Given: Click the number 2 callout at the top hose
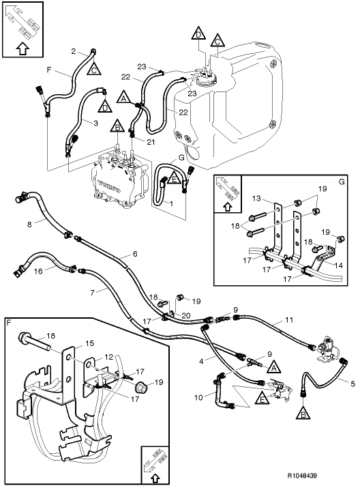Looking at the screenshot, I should click(x=74, y=51).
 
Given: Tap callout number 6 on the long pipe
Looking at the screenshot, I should click(x=135, y=253).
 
